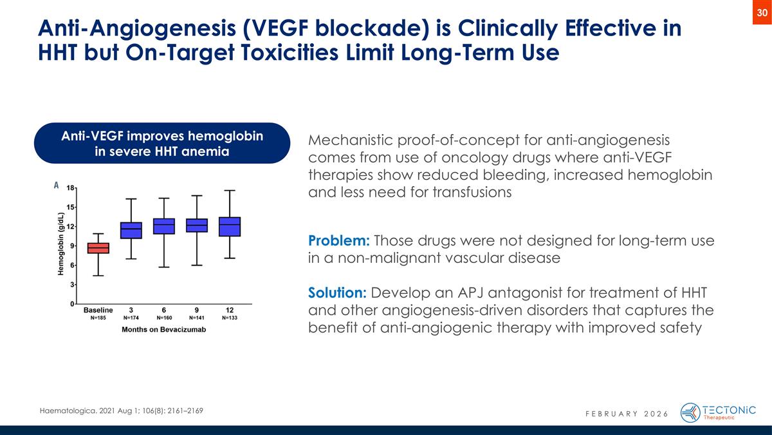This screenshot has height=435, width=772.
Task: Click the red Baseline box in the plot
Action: tap(98, 248)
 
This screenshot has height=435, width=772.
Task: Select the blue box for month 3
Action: tap(131, 230)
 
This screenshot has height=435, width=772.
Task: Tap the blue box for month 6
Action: tap(164, 226)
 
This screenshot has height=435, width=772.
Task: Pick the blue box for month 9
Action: tap(197, 225)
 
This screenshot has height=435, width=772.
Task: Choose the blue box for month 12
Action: tap(230, 227)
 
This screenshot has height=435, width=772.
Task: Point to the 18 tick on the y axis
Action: tap(70, 188)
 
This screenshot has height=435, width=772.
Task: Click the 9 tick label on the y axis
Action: tap(72, 246)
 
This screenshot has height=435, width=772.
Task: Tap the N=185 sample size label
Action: tap(98, 318)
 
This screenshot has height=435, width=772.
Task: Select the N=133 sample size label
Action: tap(230, 318)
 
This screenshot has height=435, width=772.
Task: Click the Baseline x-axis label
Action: tap(98, 309)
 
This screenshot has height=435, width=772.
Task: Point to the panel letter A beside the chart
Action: tap(57, 185)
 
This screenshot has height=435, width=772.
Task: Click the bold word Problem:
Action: tap(339, 241)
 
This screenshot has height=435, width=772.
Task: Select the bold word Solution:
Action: tap(338, 293)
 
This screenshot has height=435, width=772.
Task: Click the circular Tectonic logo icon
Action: tap(690, 412)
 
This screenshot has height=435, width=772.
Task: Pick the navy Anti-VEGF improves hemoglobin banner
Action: tap(162, 143)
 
